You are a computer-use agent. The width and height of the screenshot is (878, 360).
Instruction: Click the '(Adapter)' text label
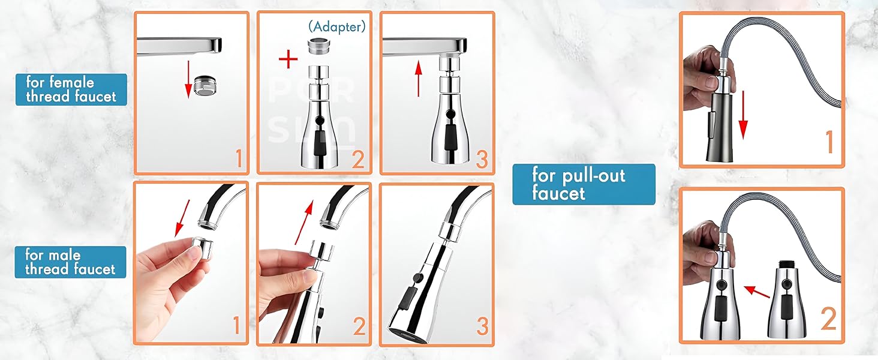pyautogui.click(x=336, y=26)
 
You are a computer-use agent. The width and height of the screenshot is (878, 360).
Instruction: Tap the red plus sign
pyautogui.click(x=288, y=59)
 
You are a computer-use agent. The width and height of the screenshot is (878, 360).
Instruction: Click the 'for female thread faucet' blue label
pyautogui.click(x=71, y=89)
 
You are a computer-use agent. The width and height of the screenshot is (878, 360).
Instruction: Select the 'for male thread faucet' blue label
pyautogui.click(x=70, y=262)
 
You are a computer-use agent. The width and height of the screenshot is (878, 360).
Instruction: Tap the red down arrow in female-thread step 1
pyautogui.click(x=188, y=78)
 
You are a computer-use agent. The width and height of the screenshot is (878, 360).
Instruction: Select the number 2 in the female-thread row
pyautogui.click(x=358, y=158)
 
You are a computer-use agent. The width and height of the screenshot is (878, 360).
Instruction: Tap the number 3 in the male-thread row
pyautogui.click(x=482, y=326)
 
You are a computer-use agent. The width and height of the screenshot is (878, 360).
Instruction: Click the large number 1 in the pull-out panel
pyautogui.click(x=829, y=142)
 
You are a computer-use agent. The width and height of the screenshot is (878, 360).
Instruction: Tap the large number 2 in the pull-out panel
pyautogui.click(x=828, y=319)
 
